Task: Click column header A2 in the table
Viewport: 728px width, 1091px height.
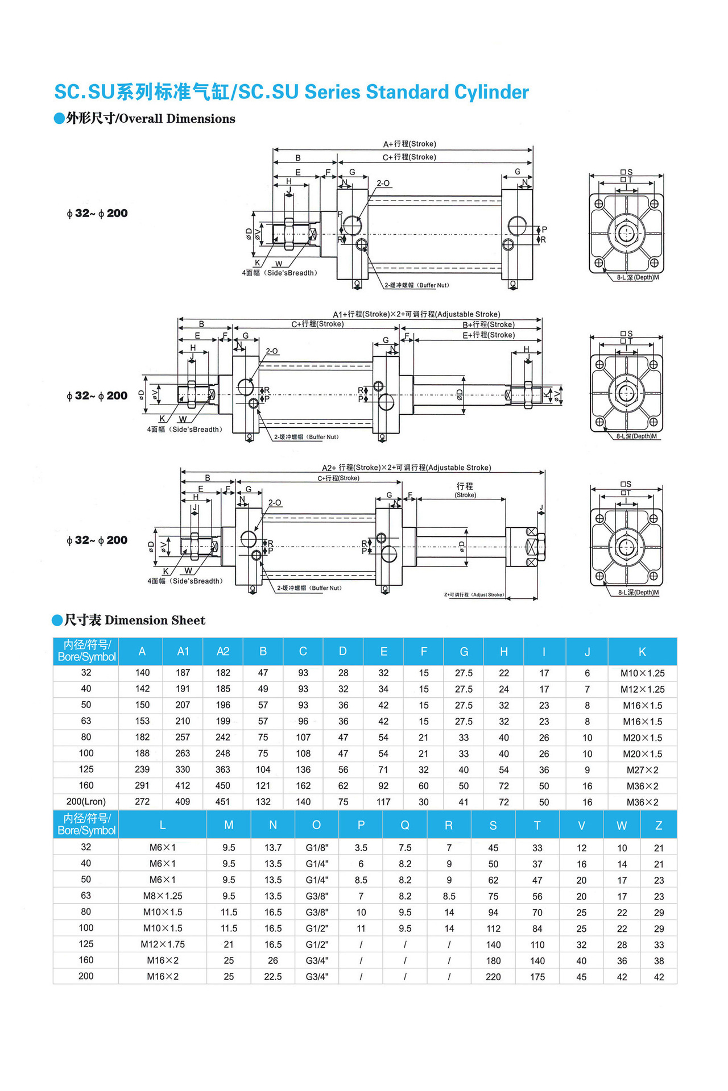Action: [x=223, y=652]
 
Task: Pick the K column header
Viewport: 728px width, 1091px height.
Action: [x=642, y=652]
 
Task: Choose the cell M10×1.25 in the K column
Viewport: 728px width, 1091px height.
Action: [x=642, y=673]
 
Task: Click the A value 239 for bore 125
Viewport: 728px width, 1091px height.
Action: [x=142, y=769]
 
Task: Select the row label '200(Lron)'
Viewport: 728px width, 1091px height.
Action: [x=86, y=802]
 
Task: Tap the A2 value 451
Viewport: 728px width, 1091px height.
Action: [x=223, y=802]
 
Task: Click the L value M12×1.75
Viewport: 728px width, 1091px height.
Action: [x=163, y=944]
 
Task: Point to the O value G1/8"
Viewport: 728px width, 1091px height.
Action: [x=317, y=848]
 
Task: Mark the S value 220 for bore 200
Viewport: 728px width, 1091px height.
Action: [x=493, y=977]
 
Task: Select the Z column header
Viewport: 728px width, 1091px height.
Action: [x=659, y=826]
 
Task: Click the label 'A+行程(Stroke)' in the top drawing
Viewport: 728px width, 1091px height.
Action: [x=409, y=144]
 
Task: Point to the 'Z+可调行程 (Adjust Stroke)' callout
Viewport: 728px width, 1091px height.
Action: [x=474, y=595]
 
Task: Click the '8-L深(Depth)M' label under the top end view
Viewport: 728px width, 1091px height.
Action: [x=638, y=278]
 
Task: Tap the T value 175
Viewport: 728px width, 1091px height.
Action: [x=537, y=977]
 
